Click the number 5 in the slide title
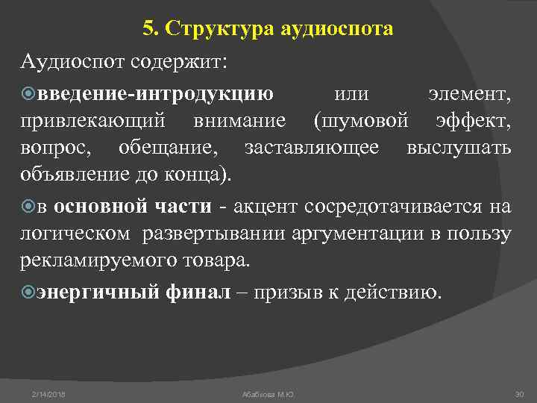tap(148, 29)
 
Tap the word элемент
tap(469, 94)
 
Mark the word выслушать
tap(459, 148)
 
